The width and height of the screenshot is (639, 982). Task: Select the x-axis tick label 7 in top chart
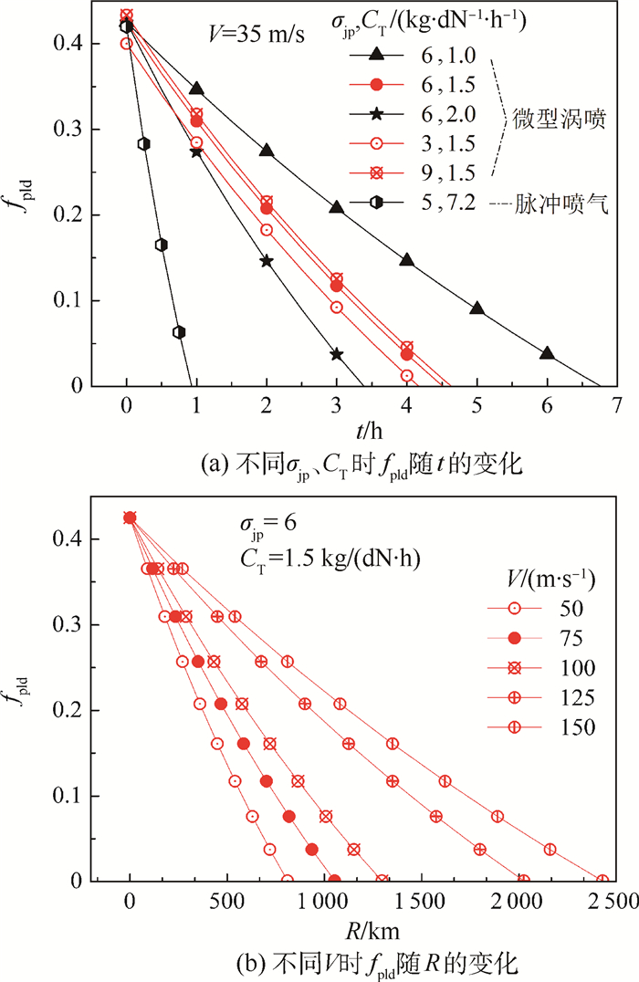point(617,404)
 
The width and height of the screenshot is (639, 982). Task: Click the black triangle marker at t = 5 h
point(477,308)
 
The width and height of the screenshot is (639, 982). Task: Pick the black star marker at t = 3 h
point(337,354)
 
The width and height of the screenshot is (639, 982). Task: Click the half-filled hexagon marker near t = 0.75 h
point(179,332)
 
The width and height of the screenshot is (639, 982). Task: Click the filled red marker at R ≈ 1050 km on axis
point(334,881)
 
